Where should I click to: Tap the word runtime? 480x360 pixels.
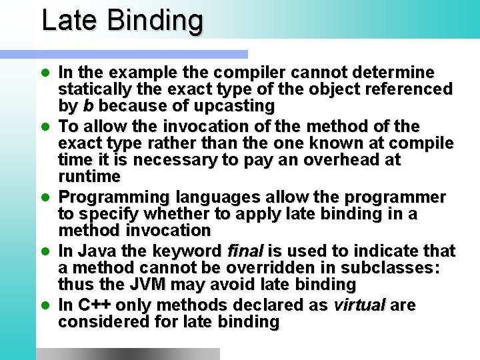89,177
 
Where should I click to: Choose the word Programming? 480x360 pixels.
114,198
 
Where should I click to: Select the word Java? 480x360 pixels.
93,251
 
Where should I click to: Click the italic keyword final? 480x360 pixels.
245,251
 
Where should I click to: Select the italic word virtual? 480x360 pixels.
359,305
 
